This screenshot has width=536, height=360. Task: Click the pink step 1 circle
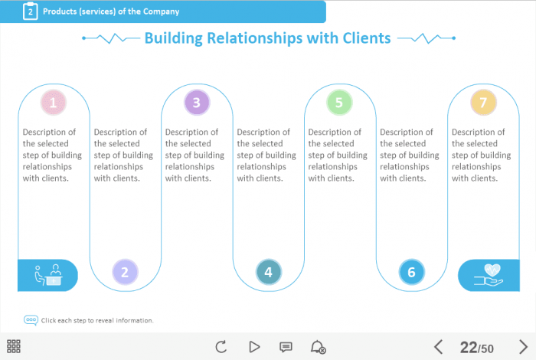click(53, 102)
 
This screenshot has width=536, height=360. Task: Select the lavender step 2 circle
click(125, 271)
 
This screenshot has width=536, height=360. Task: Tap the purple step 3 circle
click(197, 102)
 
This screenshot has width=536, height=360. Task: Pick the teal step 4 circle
click(268, 271)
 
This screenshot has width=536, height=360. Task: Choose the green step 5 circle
click(339, 102)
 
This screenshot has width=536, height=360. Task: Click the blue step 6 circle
click(411, 271)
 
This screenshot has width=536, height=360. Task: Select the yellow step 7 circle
click(482, 102)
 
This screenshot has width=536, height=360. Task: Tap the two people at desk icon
click(47, 275)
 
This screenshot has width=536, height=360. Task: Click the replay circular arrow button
click(221, 347)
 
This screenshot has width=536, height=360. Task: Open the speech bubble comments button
click(286, 347)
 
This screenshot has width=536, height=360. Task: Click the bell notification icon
click(318, 347)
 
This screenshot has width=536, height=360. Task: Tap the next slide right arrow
click(523, 347)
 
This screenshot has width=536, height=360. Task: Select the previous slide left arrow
click(439, 347)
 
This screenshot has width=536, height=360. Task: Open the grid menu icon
click(14, 346)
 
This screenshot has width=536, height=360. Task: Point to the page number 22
click(468, 348)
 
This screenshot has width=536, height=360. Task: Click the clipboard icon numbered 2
click(30, 11)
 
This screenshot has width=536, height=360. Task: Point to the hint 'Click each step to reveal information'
click(97, 320)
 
